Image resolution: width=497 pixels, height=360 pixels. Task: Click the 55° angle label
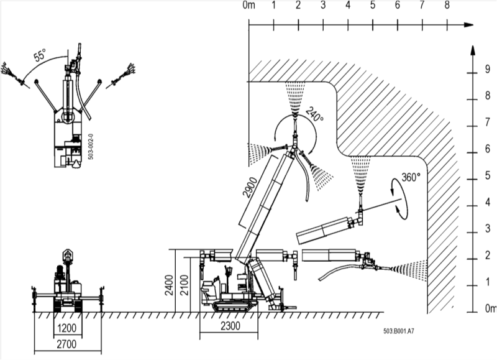tap(40, 55)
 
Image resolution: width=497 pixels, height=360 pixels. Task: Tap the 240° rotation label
tap(314, 114)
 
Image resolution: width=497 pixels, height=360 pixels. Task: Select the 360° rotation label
tap(411, 177)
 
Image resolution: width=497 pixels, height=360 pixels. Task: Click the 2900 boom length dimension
tap(250, 187)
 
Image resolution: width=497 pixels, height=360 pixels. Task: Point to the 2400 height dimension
tap(170, 285)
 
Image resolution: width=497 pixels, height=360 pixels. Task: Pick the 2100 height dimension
tap(184, 285)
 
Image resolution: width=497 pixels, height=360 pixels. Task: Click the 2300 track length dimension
tap(230, 326)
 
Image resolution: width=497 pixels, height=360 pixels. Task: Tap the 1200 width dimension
tap(67, 328)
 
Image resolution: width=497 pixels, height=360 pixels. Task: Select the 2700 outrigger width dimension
tap(67, 344)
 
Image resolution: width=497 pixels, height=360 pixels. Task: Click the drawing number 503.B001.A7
tap(399, 331)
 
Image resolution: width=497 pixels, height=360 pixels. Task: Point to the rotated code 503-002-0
tap(90, 147)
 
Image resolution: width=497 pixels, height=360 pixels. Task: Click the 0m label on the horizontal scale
tap(249, 5)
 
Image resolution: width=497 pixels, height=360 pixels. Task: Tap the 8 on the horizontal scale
tap(447, 5)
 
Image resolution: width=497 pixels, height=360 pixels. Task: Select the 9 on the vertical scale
tap(488, 69)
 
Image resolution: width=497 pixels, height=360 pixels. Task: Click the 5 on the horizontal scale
tap(372, 5)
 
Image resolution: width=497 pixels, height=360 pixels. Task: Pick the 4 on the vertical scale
tap(488, 201)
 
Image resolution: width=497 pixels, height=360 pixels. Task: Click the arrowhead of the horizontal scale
tap(468, 25)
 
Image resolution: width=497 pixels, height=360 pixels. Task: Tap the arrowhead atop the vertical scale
tap(473, 51)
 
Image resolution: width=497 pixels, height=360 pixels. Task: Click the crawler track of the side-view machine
tap(235, 307)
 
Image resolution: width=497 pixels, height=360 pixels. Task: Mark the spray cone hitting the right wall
tap(409, 270)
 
